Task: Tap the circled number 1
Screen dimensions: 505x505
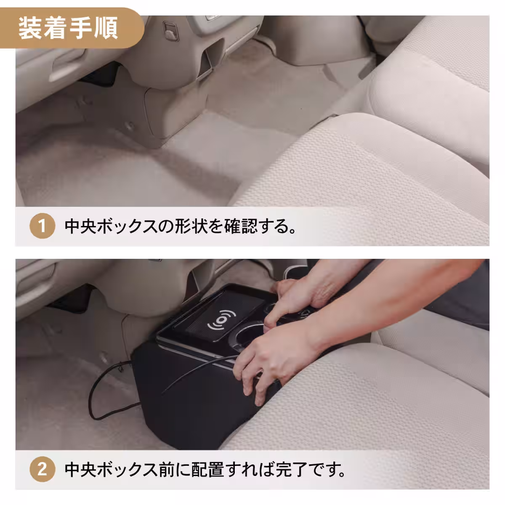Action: coord(42,227)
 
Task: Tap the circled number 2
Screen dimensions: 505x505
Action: coord(42,470)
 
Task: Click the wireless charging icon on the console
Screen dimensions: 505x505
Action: coord(221,322)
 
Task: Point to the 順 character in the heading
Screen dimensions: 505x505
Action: coord(107,28)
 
